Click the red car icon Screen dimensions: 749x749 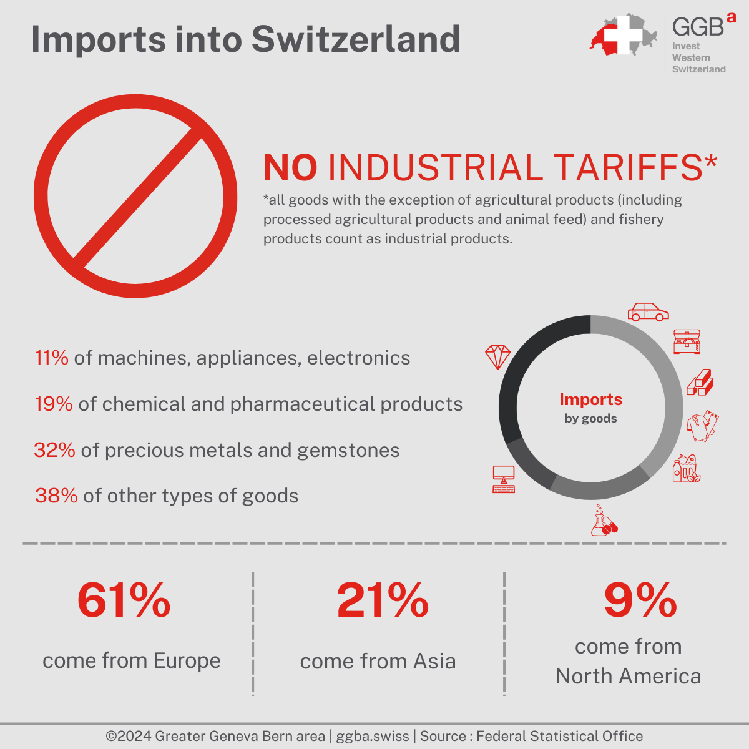pyautogui.click(x=648, y=311)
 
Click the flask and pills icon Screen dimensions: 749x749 pyautogui.click(x=604, y=522)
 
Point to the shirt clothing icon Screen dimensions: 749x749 pyautogui.click(x=702, y=426)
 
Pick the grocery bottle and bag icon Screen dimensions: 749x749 pyautogui.click(x=686, y=468)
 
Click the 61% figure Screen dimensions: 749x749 pyautogui.click(x=124, y=600)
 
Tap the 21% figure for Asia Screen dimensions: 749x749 pyautogui.click(x=383, y=600)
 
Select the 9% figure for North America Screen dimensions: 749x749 pyautogui.click(x=640, y=600)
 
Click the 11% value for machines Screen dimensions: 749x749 pyautogui.click(x=52, y=358)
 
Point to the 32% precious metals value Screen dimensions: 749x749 pyautogui.click(x=55, y=450)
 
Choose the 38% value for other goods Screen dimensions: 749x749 pyautogui.click(x=56, y=496)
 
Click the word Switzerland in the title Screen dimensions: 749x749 pyautogui.click(x=356, y=39)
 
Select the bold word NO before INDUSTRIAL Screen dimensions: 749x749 pyautogui.click(x=290, y=168)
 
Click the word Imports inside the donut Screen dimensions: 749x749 pyautogui.click(x=590, y=399)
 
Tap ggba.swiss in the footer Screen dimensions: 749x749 pyautogui.click(x=373, y=736)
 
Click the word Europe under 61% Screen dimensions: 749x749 pyautogui.click(x=187, y=660)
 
